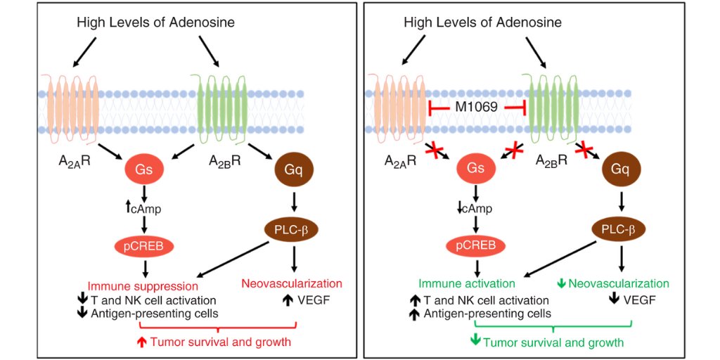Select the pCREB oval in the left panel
click(x=145, y=247)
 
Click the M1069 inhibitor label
click(x=477, y=108)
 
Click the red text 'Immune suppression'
click(x=143, y=287)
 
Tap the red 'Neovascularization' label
click(x=292, y=283)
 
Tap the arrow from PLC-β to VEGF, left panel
click(x=294, y=259)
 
